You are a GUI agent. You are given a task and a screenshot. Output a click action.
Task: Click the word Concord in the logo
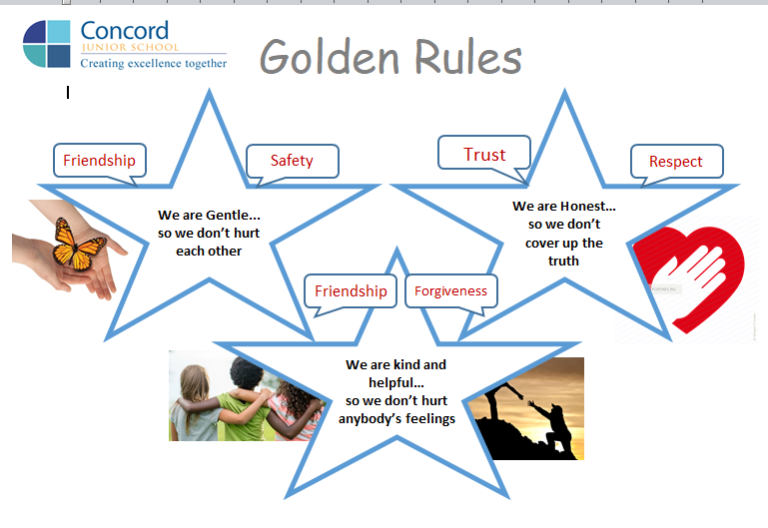click(125, 30)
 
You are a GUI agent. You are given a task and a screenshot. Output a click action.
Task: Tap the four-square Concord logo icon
click(47, 44)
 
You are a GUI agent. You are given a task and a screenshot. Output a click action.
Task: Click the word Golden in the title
click(330, 57)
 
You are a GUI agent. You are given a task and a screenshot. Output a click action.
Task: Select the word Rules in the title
click(468, 57)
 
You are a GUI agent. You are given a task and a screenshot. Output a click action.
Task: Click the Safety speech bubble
click(293, 161)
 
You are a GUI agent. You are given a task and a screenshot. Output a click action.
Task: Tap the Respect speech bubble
click(676, 161)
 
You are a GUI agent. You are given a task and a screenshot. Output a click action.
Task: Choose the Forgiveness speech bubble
click(451, 291)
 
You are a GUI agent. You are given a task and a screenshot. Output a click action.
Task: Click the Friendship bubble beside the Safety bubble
click(100, 160)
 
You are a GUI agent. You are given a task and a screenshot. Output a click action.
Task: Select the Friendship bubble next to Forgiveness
click(351, 291)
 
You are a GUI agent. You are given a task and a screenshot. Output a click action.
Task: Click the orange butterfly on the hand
click(78, 245)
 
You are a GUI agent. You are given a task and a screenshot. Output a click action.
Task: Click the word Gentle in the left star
click(227, 216)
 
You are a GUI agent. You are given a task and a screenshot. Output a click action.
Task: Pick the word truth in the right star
click(563, 261)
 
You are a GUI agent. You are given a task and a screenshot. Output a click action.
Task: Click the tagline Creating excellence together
click(154, 63)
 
